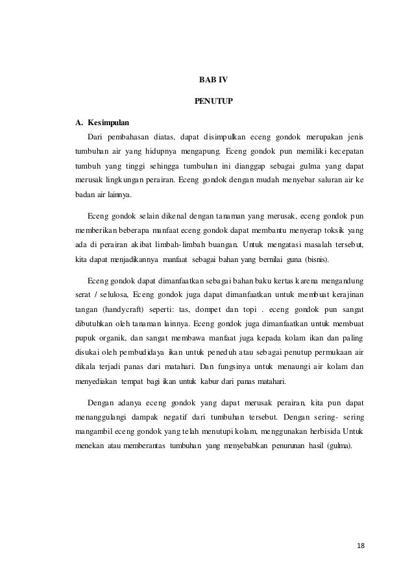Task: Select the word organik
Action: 117,337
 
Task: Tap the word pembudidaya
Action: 154,353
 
